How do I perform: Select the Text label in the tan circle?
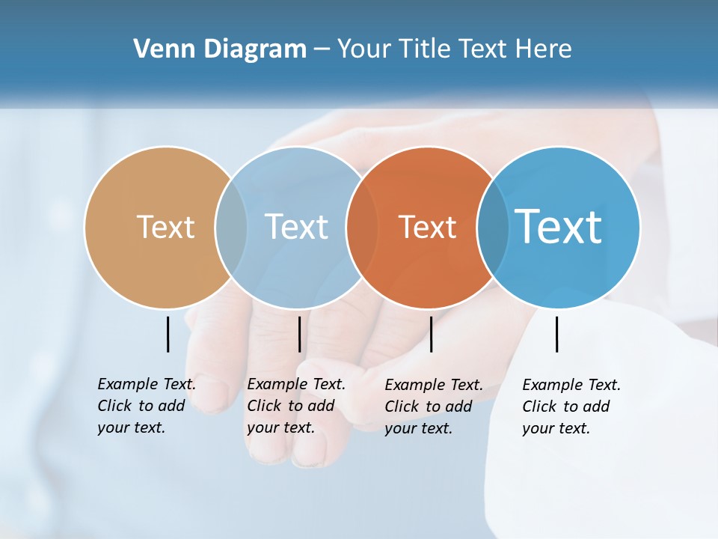click(x=165, y=227)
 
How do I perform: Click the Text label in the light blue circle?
click(x=297, y=227)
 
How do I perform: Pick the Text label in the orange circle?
click(x=427, y=227)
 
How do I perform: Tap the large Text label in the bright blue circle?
click(x=559, y=226)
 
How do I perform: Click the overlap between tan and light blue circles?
click(x=231, y=227)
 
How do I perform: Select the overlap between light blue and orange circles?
click(x=362, y=227)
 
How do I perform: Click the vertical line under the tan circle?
click(x=168, y=334)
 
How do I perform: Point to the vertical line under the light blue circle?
click(x=299, y=334)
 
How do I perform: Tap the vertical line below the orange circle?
click(x=431, y=334)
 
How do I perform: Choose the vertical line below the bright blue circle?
click(x=556, y=334)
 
